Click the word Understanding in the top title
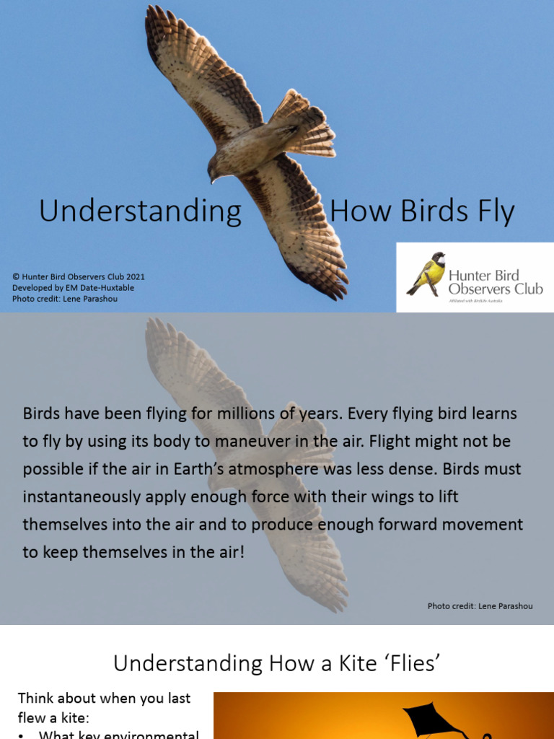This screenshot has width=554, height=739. pos(140,211)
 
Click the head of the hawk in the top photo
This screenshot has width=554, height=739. pos(215,170)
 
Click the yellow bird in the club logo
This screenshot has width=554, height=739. pos(428,275)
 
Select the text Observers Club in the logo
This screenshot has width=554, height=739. pos(496,289)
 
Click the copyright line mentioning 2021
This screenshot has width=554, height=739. pos(79,276)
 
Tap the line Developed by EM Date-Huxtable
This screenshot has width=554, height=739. pos(73,287)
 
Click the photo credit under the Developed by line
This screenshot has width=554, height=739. pos(65,299)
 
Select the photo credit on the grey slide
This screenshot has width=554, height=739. pos(480,606)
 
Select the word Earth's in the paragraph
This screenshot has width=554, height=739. pos(195,468)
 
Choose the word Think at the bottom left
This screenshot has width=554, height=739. pos(35,698)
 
